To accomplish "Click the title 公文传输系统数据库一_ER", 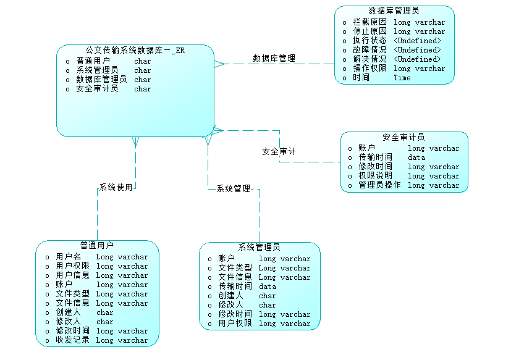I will pyautogui.click(x=135, y=50).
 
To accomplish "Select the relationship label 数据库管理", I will pyautogui.click(x=274, y=59).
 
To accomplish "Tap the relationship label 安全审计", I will pyautogui.click(x=279, y=151).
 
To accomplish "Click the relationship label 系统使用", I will pyautogui.click(x=116, y=187).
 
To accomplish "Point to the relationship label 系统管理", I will pyautogui.click(x=233, y=188).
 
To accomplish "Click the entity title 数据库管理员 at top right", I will pyautogui.click(x=394, y=10).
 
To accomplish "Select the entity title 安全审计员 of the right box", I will pyautogui.click(x=403, y=137).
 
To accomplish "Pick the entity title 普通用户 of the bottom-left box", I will pyautogui.click(x=96, y=245).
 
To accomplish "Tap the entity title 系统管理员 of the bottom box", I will pyautogui.click(x=260, y=247).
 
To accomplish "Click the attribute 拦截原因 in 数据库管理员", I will pyautogui.click(x=370, y=22).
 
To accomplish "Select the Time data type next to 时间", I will pyautogui.click(x=402, y=78).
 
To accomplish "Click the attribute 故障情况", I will pyautogui.click(x=370, y=50).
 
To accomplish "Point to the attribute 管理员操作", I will pyautogui.click(x=379, y=185).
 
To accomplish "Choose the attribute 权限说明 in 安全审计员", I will pyautogui.click(x=375, y=175).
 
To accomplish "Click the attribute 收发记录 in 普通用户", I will pyautogui.click(x=72, y=340).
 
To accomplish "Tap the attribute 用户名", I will pyautogui.click(x=68, y=256).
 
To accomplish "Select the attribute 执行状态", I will pyautogui.click(x=370, y=41).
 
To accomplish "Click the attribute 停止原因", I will pyautogui.click(x=370, y=31).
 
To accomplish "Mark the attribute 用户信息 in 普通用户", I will pyautogui.click(x=72, y=275).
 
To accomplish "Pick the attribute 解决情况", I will pyautogui.click(x=370, y=59).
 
